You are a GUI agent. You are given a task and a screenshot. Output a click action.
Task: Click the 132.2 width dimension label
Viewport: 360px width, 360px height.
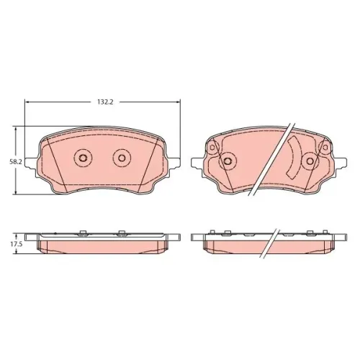click(x=105, y=102)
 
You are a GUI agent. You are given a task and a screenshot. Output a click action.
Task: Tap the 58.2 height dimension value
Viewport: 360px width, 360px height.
click(x=16, y=162)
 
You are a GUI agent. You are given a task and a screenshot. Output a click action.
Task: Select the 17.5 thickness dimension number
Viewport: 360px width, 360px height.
click(x=16, y=244)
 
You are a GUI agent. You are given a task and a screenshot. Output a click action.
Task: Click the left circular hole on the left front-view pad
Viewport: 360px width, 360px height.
click(x=83, y=158)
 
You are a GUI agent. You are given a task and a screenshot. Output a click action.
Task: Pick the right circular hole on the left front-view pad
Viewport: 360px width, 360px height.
click(x=122, y=158)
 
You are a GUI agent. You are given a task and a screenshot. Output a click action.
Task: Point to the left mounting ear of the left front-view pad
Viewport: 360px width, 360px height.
click(x=31, y=163)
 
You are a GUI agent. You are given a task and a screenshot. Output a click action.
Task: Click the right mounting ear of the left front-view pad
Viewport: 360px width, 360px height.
click(x=174, y=163)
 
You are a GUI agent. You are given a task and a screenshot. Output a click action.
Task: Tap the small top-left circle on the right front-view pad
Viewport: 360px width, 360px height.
click(x=212, y=148)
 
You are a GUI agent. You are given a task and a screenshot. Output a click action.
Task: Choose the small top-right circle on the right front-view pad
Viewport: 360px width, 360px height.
click(x=325, y=148)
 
